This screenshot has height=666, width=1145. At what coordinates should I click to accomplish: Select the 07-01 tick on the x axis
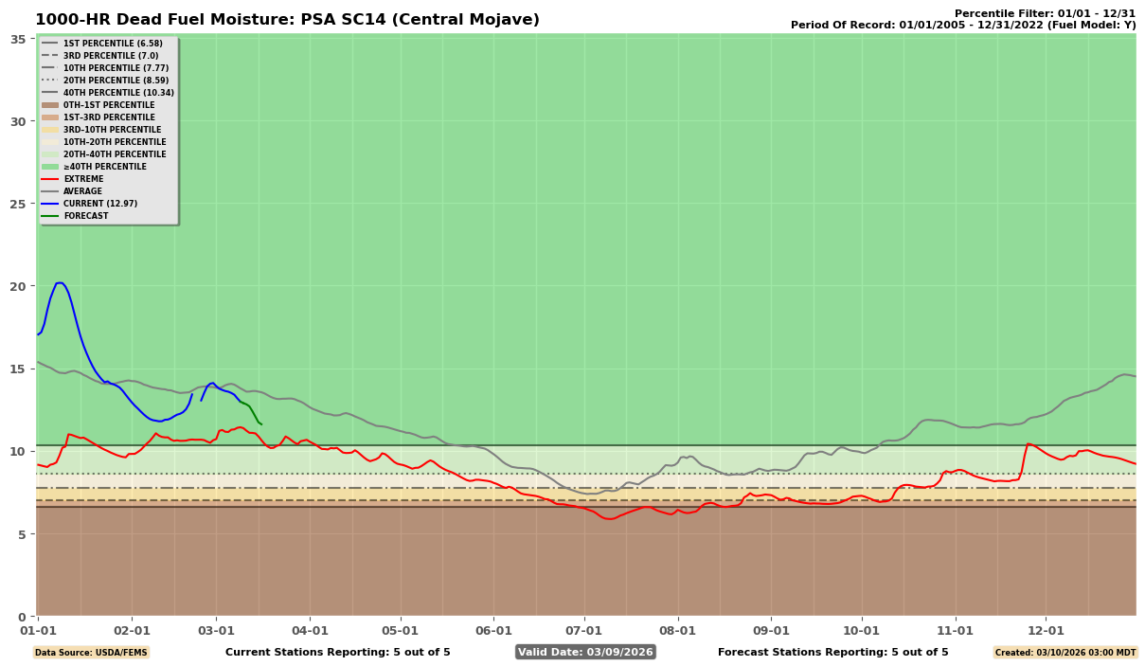(x=583, y=630)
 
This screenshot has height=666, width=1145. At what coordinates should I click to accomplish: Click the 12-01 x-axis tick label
(x=1047, y=630)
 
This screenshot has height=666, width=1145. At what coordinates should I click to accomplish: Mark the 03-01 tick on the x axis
(x=217, y=630)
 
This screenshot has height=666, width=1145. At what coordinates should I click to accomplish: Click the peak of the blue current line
(x=59, y=282)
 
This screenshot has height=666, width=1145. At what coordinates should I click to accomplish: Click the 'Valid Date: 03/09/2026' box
(x=585, y=652)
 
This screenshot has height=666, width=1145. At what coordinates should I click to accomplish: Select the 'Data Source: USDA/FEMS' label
(x=91, y=653)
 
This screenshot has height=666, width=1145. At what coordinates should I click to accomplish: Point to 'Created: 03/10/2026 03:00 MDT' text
(x=1064, y=653)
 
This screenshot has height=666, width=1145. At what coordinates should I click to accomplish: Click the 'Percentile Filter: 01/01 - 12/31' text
(x=1045, y=13)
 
